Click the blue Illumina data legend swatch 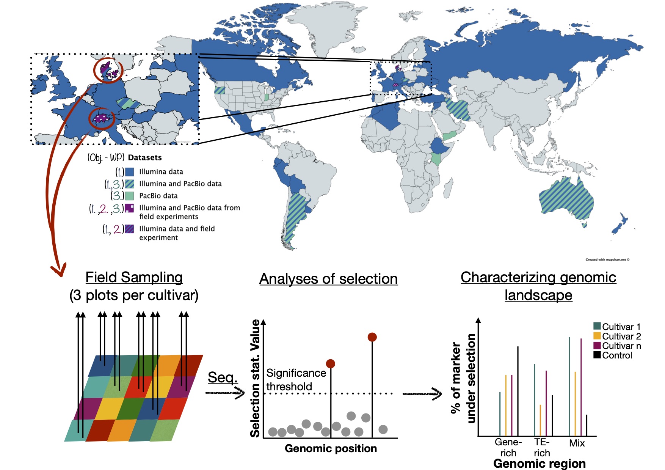[x=129, y=172]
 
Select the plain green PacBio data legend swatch [x=129, y=196]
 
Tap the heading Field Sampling [x=134, y=277]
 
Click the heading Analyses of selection [x=328, y=279]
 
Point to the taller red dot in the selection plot [x=372, y=337]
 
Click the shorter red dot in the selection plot [x=331, y=364]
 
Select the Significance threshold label [x=296, y=380]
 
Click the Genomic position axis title [x=331, y=448]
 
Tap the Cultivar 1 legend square [x=597, y=326]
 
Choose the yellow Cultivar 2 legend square [x=597, y=336]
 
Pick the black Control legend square [x=597, y=355]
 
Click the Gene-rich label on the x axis [x=508, y=448]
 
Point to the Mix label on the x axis [x=577, y=443]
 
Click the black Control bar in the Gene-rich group [x=518, y=391]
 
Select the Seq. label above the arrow [x=223, y=377]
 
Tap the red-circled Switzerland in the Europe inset [x=101, y=119]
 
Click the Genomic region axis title [x=539, y=464]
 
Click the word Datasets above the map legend [x=145, y=157]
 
